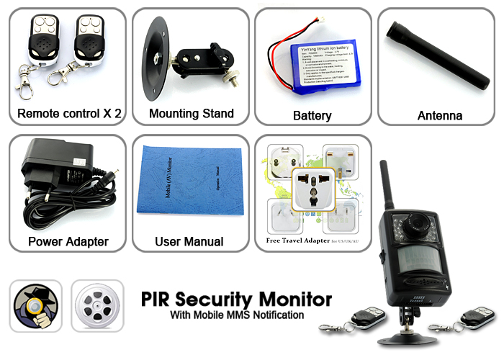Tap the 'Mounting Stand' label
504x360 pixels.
click(x=191, y=114)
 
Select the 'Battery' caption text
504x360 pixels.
click(x=312, y=115)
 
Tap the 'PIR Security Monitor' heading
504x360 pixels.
click(x=236, y=299)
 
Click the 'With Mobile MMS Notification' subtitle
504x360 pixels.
click(x=237, y=315)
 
